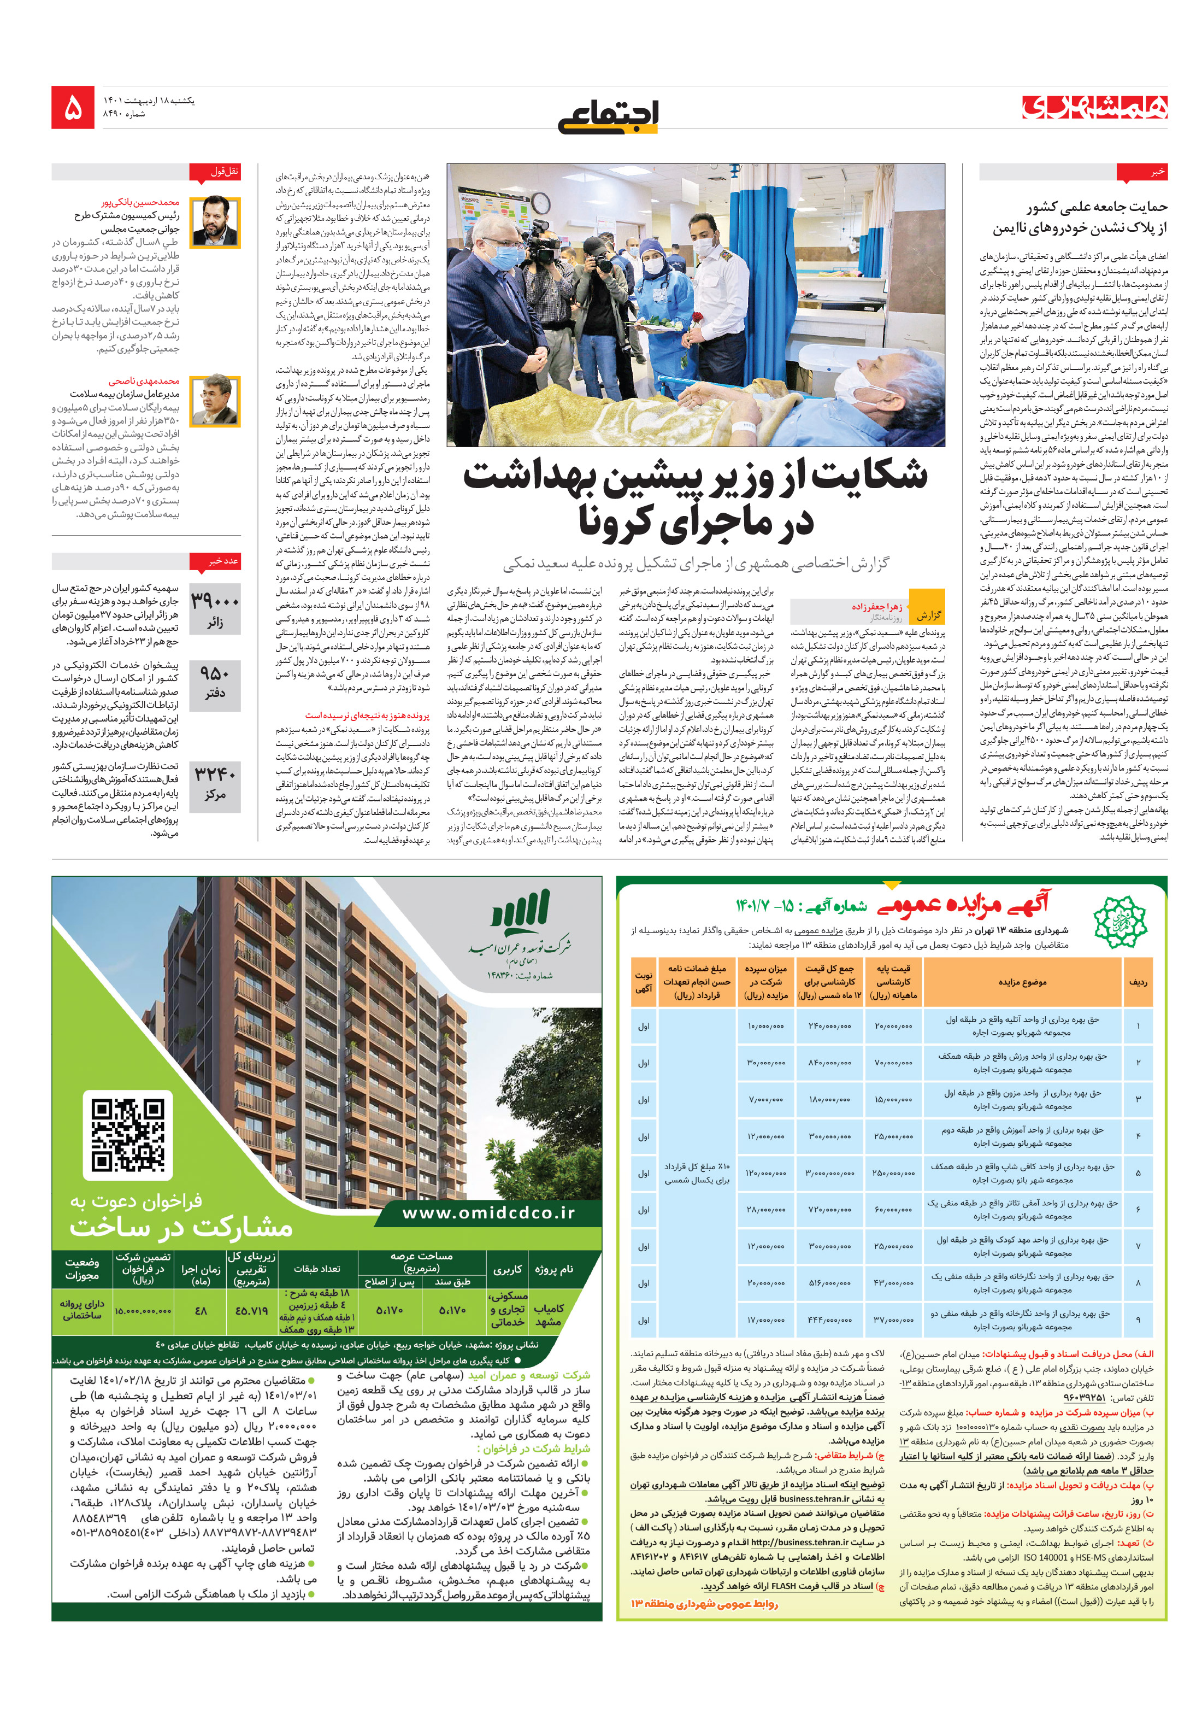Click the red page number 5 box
[x=73, y=107]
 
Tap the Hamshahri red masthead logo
[x=1094, y=108]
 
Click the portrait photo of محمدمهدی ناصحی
[x=215, y=400]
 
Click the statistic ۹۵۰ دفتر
[x=215, y=682]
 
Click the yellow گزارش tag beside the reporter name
[x=928, y=613]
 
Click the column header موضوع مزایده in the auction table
[x=1022, y=981]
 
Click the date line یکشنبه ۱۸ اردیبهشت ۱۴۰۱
[x=149, y=99]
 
